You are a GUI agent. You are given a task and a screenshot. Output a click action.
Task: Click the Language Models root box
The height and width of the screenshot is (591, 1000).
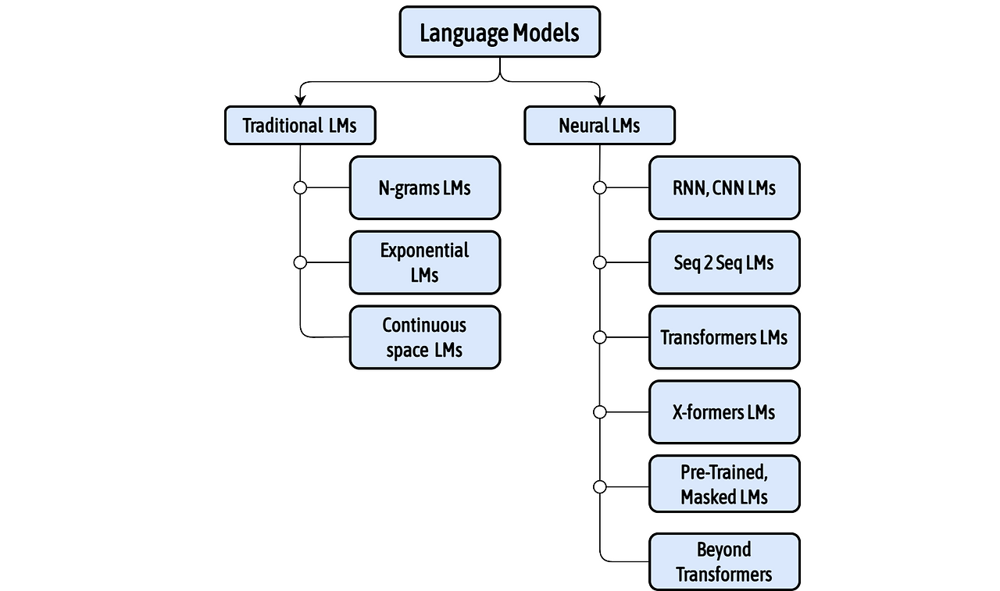[499, 32]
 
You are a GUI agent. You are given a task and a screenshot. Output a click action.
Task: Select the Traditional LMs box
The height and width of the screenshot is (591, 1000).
[300, 126]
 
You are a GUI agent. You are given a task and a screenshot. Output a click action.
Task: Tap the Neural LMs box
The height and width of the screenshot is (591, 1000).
[599, 126]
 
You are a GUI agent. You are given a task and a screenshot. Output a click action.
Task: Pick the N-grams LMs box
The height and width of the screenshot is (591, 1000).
[424, 187]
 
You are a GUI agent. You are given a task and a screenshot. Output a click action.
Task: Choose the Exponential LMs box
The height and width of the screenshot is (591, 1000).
[424, 262]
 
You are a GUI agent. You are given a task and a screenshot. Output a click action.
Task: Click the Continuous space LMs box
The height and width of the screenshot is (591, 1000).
[424, 337]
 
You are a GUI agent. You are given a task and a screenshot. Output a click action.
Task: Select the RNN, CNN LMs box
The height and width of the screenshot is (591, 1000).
[724, 187]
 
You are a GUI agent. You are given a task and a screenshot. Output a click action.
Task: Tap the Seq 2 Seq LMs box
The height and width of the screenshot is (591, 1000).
[724, 262]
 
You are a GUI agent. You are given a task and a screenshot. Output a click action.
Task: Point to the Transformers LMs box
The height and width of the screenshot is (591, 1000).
[724, 337]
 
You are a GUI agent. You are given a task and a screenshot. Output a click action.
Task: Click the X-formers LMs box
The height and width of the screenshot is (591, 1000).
[724, 412]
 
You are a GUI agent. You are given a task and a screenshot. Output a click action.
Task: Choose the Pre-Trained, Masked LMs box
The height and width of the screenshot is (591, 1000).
[724, 484]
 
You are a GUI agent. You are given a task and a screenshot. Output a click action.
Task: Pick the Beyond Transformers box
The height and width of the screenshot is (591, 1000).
[724, 562]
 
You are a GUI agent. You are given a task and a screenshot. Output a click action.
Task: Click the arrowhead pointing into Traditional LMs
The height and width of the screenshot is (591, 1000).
[300, 101]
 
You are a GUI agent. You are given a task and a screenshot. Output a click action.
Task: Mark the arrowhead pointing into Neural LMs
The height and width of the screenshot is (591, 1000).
[599, 101]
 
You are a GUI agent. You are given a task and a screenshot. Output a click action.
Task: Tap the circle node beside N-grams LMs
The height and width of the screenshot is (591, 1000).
[300, 187]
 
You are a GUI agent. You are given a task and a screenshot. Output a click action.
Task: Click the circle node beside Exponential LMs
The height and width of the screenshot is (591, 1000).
[300, 262]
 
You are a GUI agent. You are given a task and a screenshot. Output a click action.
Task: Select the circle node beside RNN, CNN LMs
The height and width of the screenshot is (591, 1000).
[599, 187]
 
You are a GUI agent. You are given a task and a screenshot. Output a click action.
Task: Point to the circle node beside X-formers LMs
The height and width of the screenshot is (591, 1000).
[599, 412]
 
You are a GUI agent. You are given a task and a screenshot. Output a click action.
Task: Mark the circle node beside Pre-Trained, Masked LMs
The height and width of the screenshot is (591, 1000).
[599, 487]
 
